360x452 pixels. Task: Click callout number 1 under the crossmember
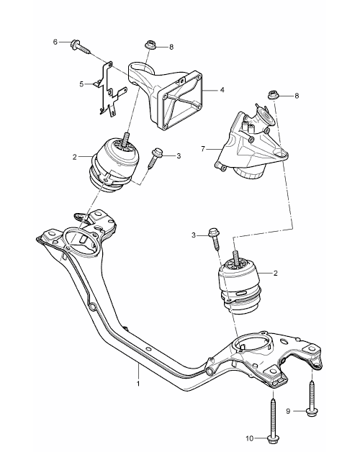tap(138, 384)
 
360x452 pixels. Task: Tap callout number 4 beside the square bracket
tap(222, 90)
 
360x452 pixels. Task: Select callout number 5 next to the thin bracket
tap(81, 84)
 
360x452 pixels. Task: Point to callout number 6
tap(55, 42)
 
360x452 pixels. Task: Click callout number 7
tap(203, 149)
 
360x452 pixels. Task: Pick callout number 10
tap(249, 438)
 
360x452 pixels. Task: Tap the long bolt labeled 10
tap(273, 422)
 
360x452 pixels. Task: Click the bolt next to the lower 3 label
tap(215, 239)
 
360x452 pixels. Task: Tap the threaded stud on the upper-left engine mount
tap(126, 139)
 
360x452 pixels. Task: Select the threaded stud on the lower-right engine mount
tap(235, 258)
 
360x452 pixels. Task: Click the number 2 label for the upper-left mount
tap(75, 157)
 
